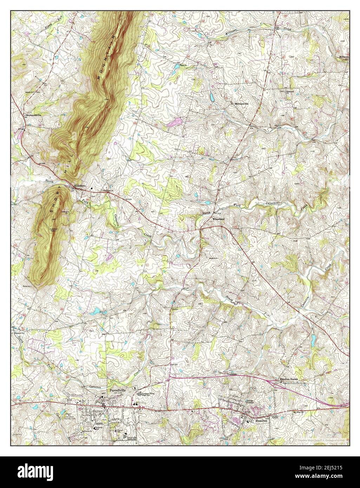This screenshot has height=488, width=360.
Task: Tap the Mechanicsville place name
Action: [x=33, y=115]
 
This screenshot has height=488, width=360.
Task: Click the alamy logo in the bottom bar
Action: [x=31, y=472]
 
